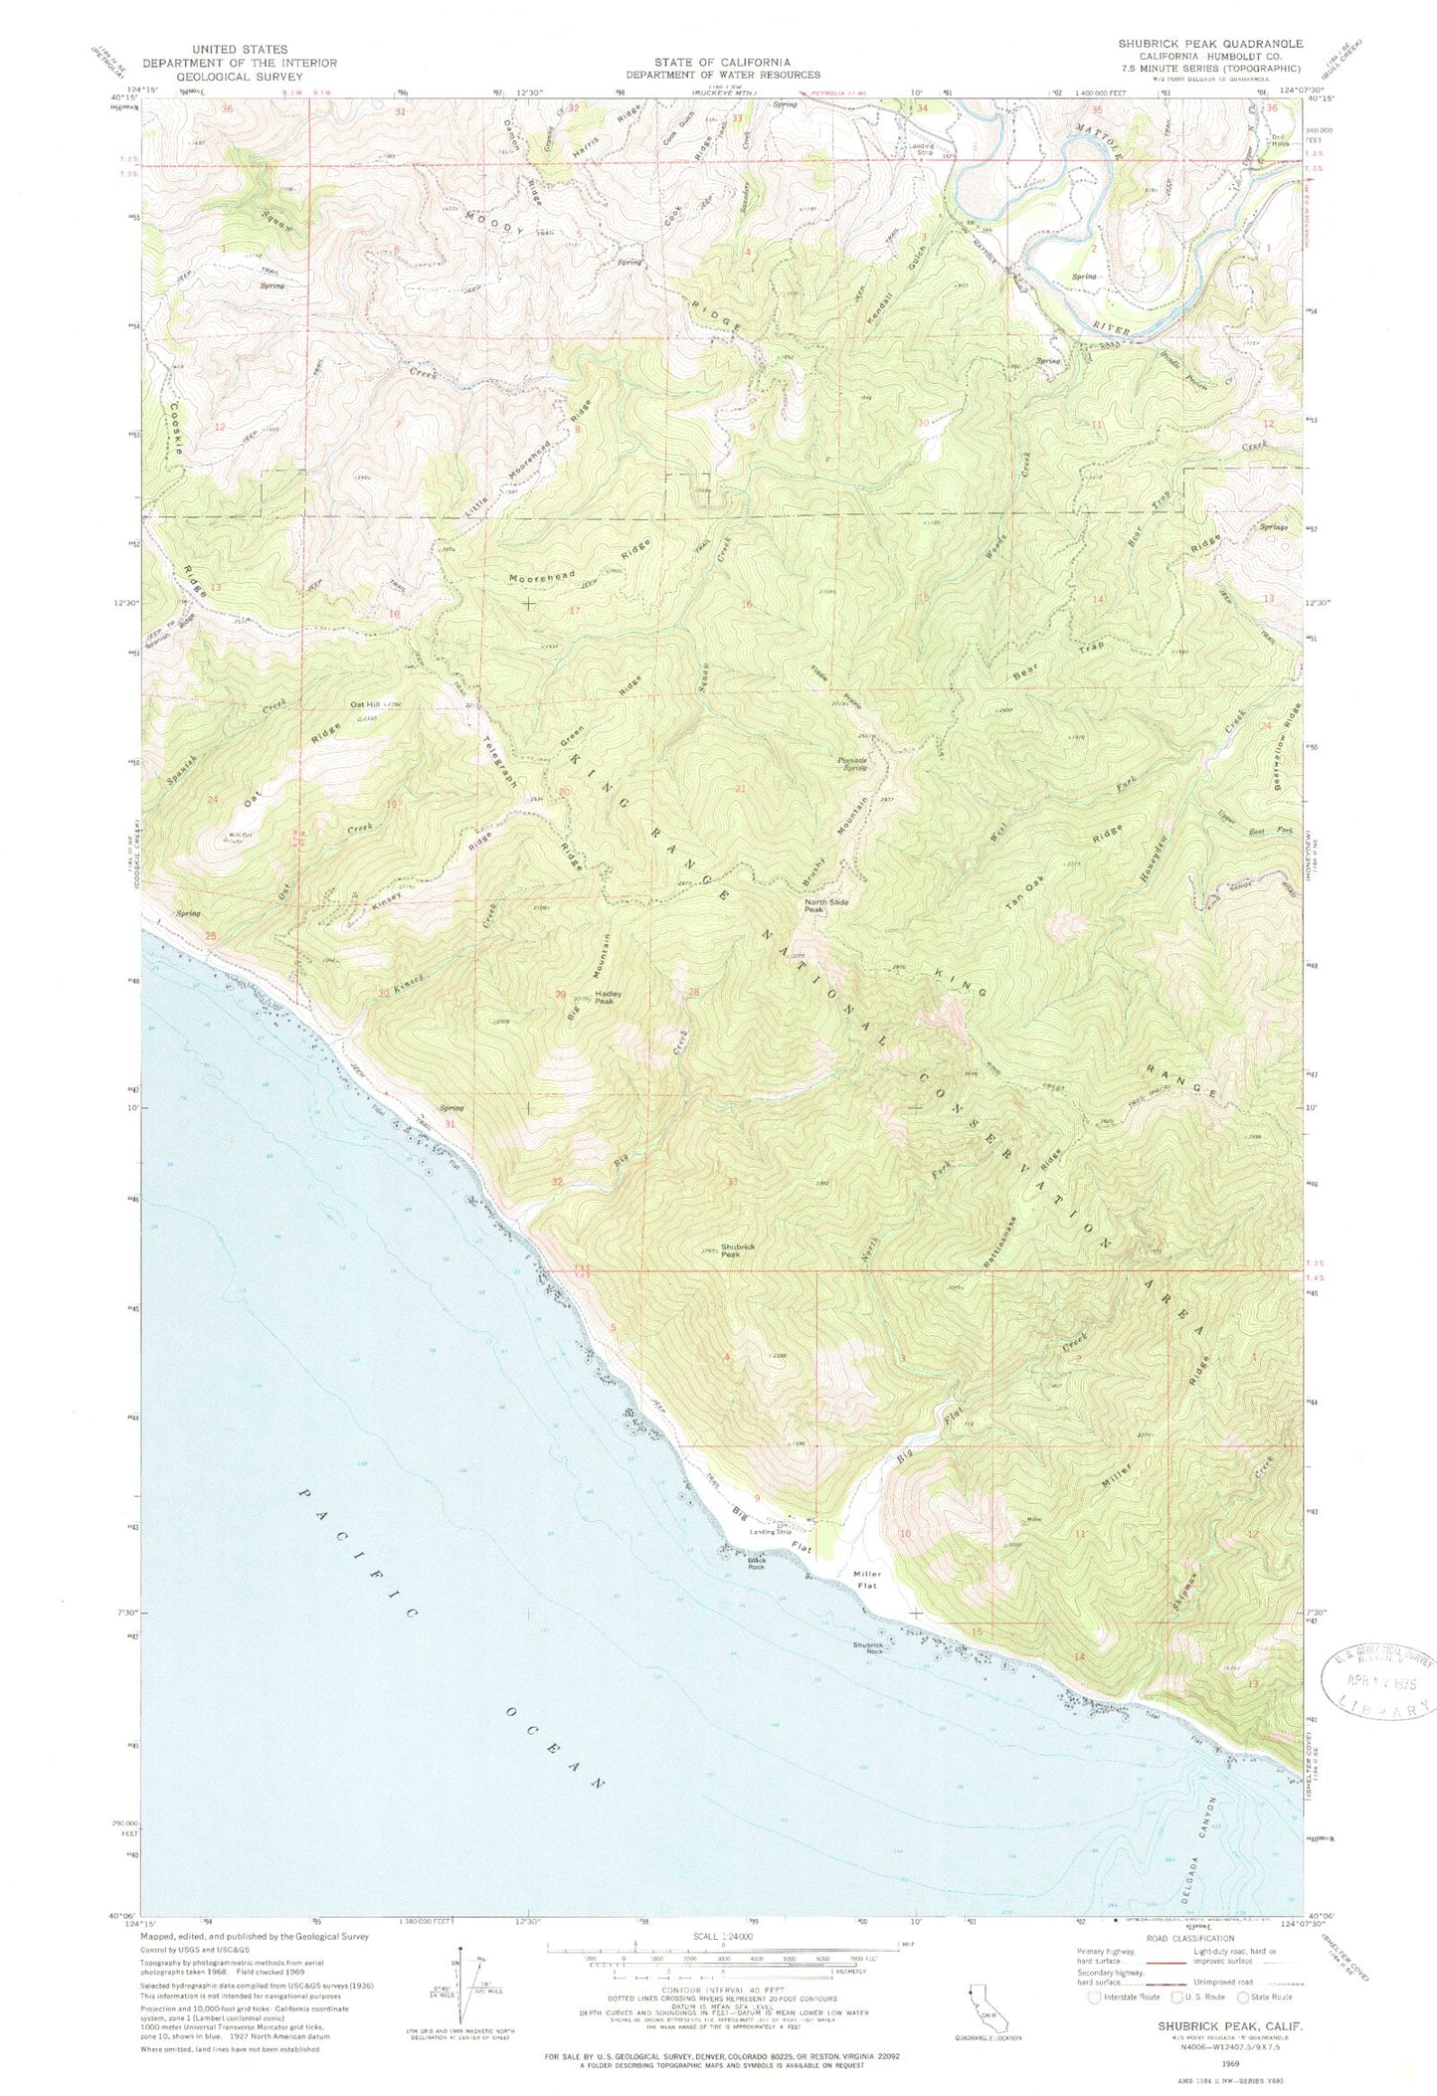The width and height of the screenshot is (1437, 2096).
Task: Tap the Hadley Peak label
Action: point(608,997)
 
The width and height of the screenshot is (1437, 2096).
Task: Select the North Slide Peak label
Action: point(814,906)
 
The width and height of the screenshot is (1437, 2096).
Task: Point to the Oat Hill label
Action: point(363,705)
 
